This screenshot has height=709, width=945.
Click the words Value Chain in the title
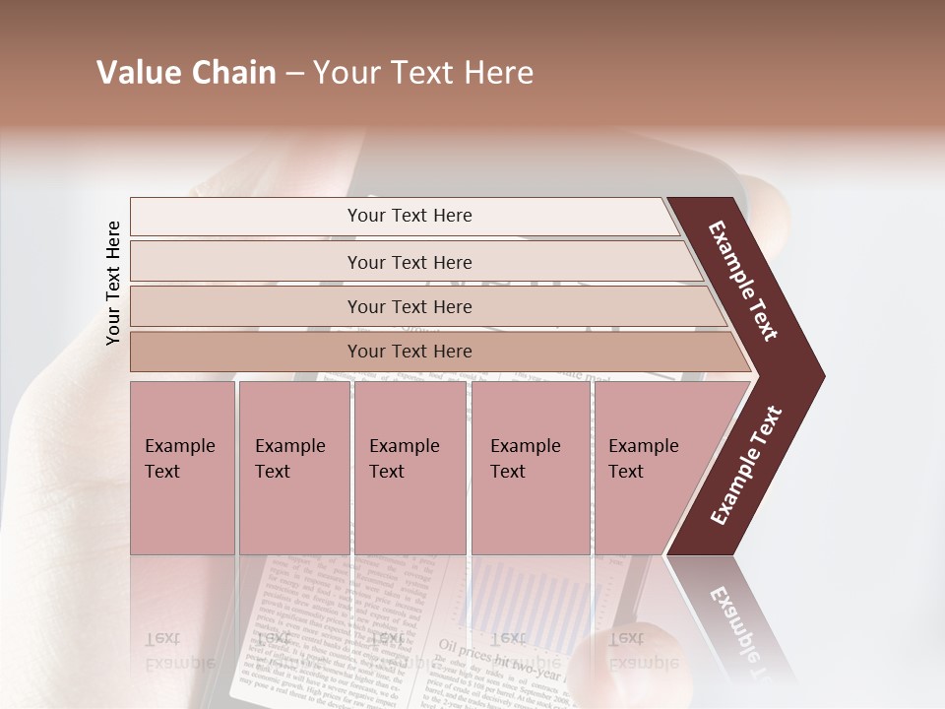tap(186, 73)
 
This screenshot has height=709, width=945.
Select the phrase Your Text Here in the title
tap(423, 73)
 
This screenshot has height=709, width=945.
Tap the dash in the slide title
tap(294, 74)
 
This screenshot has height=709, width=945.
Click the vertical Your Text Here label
tap(113, 283)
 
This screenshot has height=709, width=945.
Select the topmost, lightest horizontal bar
tap(409, 216)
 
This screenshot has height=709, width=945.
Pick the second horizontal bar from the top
tap(409, 262)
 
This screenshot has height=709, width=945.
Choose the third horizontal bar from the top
tap(409, 306)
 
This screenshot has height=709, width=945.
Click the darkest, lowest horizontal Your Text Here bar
tap(409, 352)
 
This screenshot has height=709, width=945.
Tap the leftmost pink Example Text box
tap(182, 467)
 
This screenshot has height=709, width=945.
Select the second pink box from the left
tap(293, 467)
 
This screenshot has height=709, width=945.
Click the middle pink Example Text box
tap(409, 467)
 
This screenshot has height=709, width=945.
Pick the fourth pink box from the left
tap(530, 467)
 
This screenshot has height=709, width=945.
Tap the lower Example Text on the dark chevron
tap(746, 466)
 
